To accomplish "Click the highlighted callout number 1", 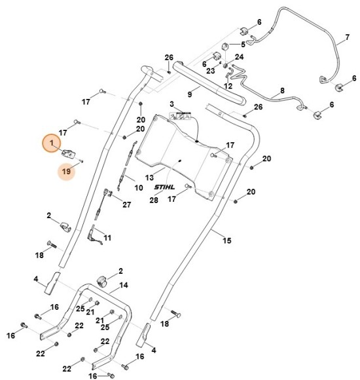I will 54,142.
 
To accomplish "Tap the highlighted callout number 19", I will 65,172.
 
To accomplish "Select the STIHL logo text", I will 166,188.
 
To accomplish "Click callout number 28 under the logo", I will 154,200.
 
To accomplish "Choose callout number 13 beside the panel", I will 150,178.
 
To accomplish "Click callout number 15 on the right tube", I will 226,240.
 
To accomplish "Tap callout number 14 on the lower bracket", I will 123,286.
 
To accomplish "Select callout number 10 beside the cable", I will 139,187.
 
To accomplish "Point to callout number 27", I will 126,205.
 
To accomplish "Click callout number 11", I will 107,237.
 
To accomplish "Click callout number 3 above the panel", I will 172,105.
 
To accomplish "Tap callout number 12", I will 228,85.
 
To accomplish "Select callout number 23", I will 211,70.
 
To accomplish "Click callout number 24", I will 239,58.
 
